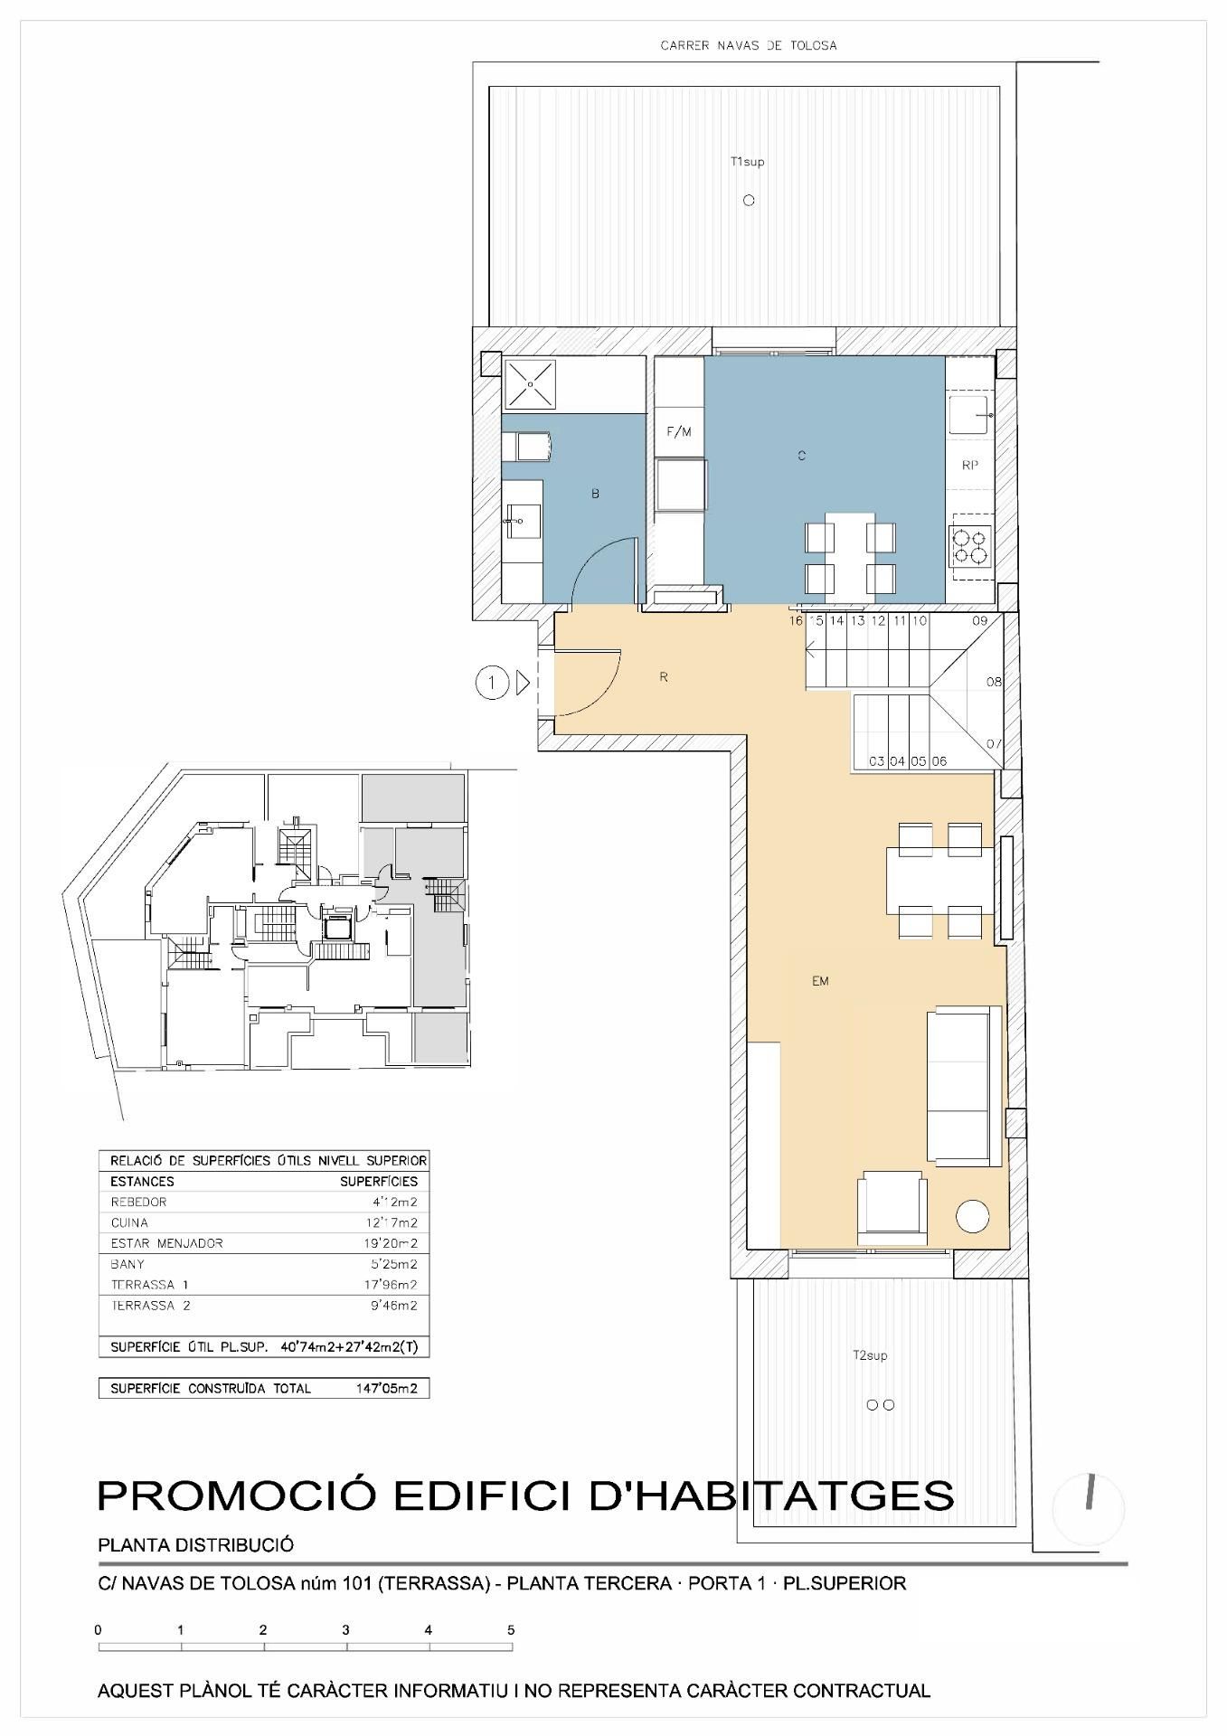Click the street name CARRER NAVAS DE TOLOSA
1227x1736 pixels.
(749, 45)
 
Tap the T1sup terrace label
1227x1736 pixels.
(748, 162)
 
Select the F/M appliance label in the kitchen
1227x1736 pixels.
(679, 431)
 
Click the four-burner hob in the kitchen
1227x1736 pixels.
(970, 545)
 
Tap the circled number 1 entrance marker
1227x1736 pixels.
(492, 683)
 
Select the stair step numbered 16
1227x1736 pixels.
(796, 621)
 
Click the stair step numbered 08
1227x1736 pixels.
(994, 682)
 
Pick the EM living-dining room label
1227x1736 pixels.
(820, 981)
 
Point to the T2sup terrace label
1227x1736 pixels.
(870, 1355)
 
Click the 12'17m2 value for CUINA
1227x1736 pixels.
(391, 1222)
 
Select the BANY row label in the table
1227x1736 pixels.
(127, 1264)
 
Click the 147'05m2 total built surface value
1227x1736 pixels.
(387, 1389)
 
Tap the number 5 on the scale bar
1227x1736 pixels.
(511, 1630)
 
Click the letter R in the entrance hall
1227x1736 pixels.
(664, 677)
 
